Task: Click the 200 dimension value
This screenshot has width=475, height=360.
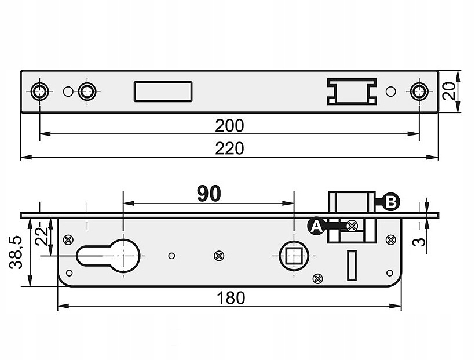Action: [229, 126]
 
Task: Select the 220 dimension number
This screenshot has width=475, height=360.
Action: [229, 149]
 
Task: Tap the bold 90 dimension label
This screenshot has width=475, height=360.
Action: [209, 194]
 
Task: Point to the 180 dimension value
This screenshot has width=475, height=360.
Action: [231, 299]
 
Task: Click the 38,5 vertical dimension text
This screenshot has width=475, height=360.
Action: [16, 252]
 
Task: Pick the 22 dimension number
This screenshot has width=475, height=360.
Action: [42, 236]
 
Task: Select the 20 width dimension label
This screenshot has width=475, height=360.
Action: [449, 91]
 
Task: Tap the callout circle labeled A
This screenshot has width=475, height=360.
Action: [316, 226]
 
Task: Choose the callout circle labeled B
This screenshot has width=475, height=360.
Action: [391, 202]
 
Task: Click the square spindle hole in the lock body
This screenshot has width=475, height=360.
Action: [294, 256]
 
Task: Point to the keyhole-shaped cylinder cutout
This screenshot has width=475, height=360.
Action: [108, 256]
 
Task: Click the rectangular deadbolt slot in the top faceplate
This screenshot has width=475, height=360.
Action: [163, 91]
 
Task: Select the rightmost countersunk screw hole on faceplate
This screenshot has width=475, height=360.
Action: [419, 91]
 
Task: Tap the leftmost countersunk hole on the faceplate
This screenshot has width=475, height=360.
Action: [40, 91]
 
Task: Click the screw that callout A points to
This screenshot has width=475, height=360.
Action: [352, 226]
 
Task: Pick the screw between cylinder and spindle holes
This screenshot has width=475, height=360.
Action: [219, 256]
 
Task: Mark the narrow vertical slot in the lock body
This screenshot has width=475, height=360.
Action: [352, 266]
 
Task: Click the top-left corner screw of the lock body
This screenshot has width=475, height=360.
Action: [68, 239]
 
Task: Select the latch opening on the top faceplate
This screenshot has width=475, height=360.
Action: [352, 91]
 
